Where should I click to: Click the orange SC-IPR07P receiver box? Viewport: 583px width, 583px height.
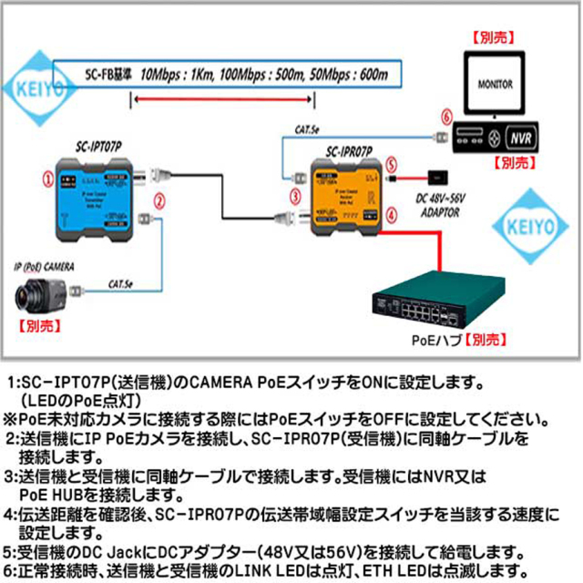(x=347, y=197)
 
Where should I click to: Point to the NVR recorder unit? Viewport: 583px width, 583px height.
(x=496, y=138)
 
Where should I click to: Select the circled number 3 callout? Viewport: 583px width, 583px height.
(x=295, y=194)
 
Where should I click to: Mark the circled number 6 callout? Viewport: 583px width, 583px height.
(x=445, y=118)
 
